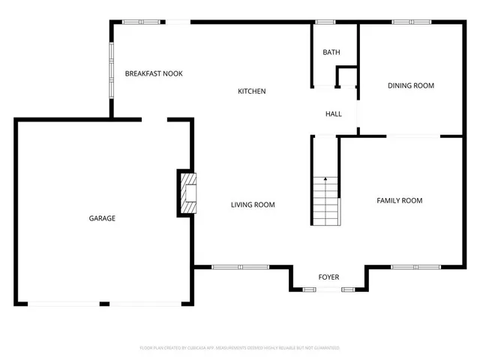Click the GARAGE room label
point(102,218)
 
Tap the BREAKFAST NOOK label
point(154,73)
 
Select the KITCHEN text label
point(252,91)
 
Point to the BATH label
point(331,52)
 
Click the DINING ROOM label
point(410,85)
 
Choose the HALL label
point(333,114)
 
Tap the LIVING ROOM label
point(252,205)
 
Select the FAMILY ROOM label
point(399,200)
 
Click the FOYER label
point(328,277)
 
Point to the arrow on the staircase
point(325,180)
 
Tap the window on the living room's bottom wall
point(240,266)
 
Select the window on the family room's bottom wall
point(415,266)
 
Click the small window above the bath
point(325,22)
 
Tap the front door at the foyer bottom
point(328,289)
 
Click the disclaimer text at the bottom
point(240,348)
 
